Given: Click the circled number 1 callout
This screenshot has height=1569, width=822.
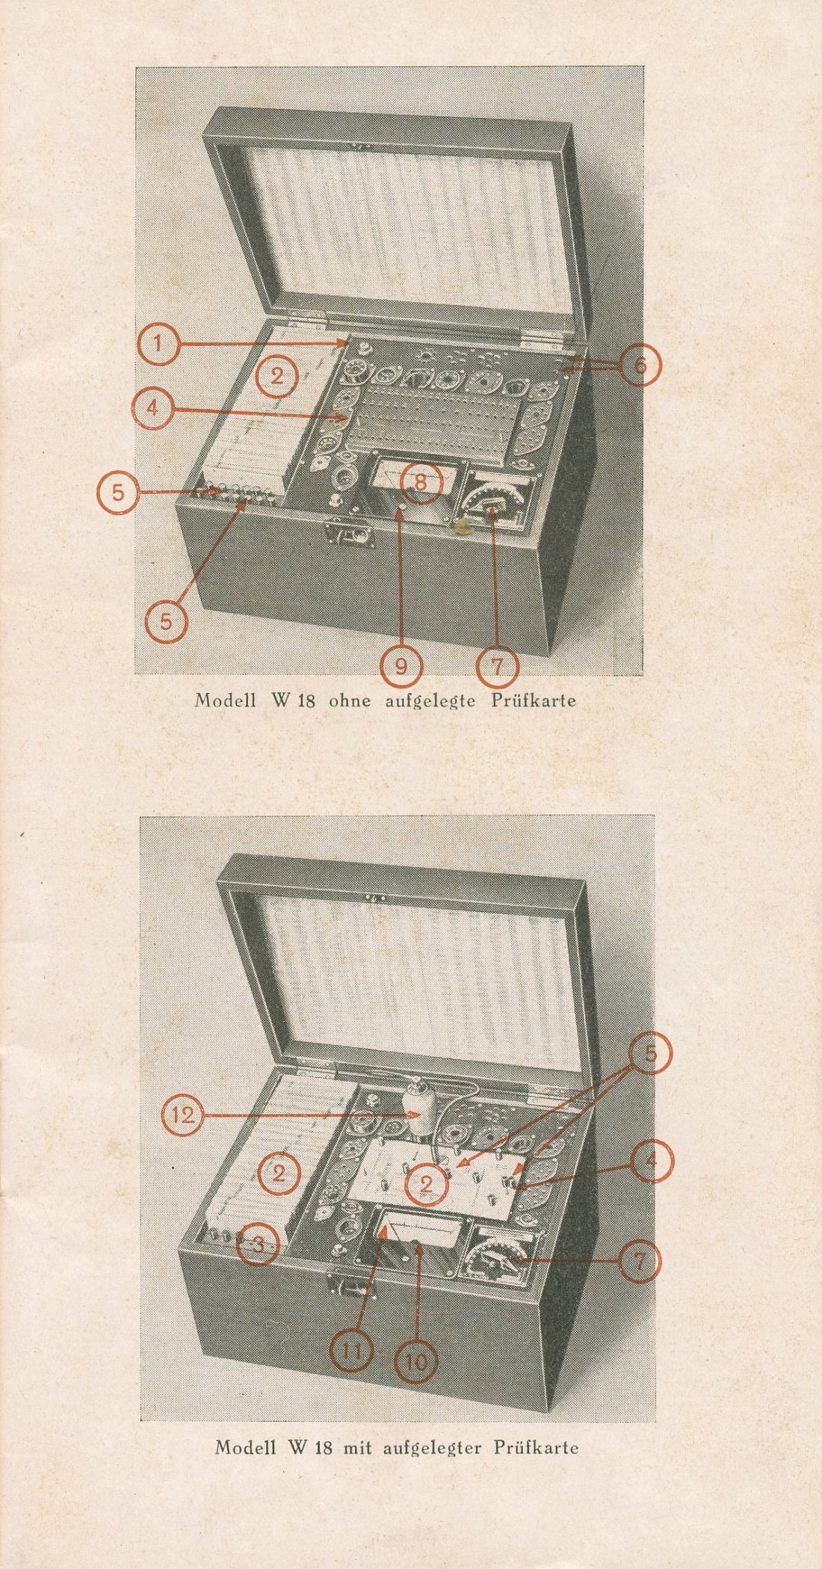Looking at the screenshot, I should (x=158, y=345).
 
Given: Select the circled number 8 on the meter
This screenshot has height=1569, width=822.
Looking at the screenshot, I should (x=421, y=482).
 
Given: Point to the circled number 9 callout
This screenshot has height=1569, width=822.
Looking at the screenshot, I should (x=401, y=665).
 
